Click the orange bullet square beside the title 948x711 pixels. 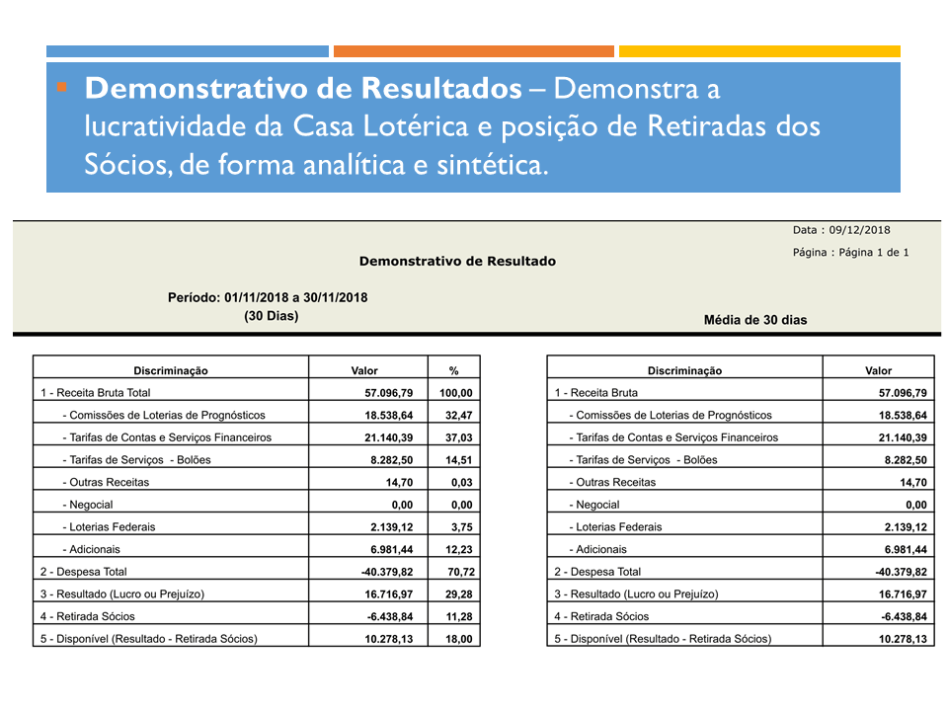(x=62, y=88)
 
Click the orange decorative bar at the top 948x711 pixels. (x=473, y=51)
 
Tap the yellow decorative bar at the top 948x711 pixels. (x=759, y=51)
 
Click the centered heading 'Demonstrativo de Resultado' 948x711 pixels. (x=457, y=262)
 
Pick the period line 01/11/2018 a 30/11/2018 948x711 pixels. (x=268, y=297)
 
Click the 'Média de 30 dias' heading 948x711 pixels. (x=755, y=320)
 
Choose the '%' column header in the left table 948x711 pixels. (x=454, y=371)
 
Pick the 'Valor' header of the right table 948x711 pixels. (x=878, y=371)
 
